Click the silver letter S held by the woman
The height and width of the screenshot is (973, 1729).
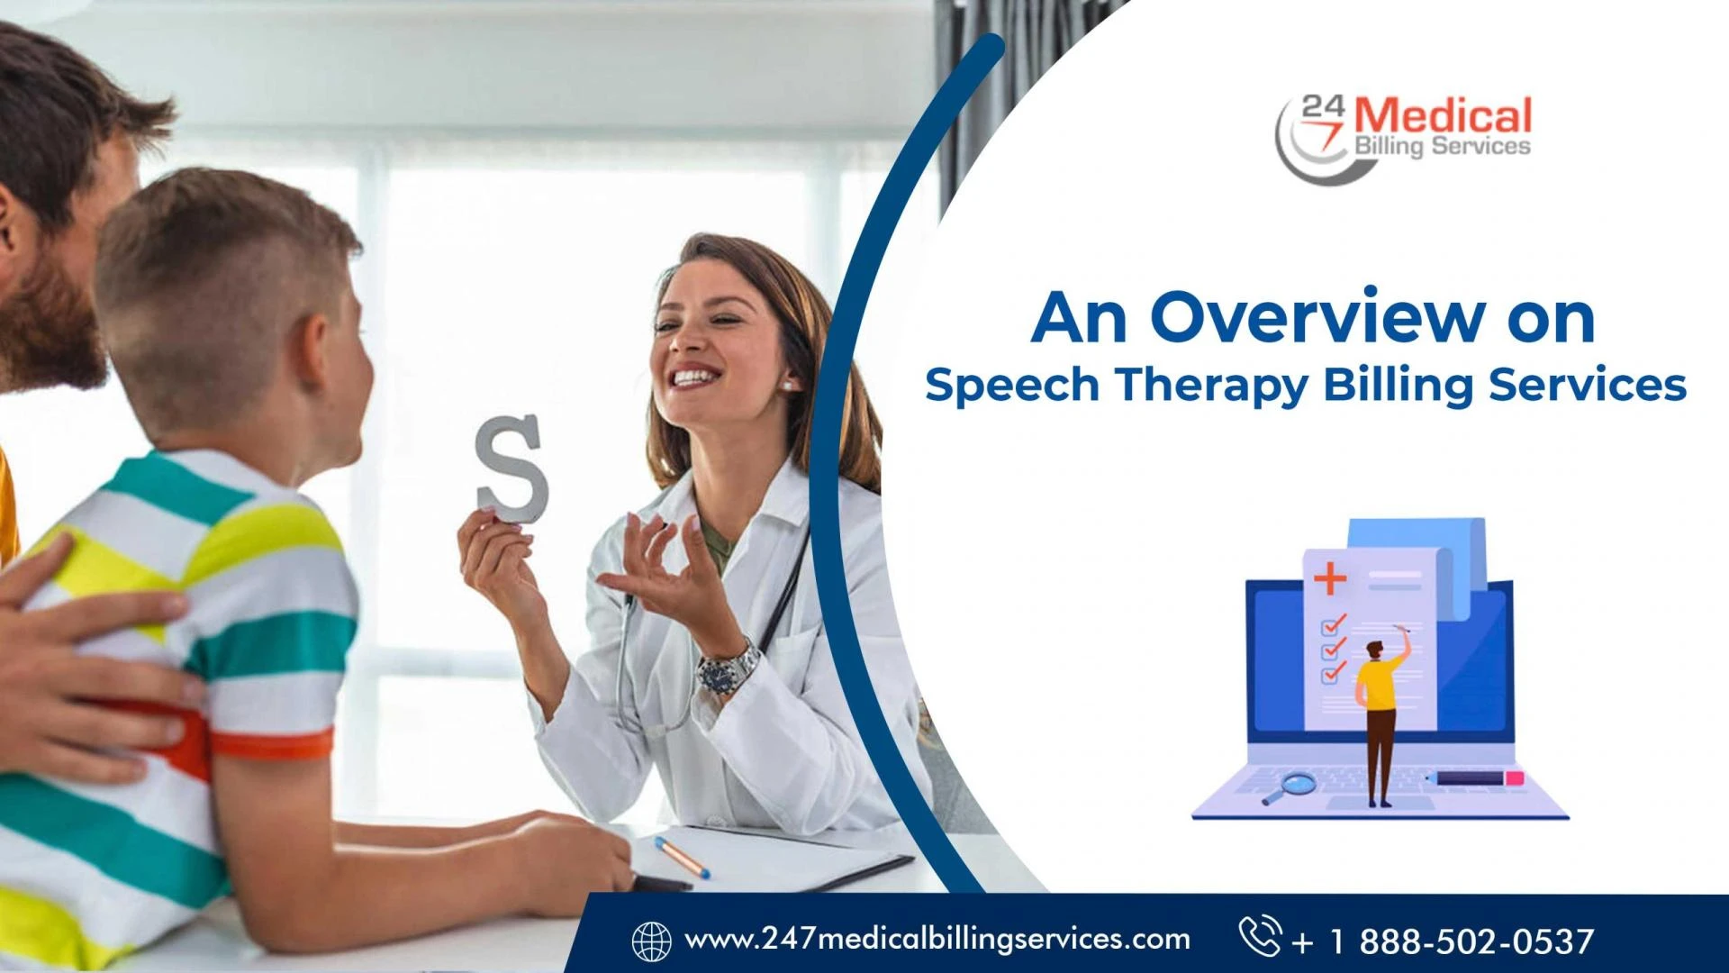click(x=512, y=468)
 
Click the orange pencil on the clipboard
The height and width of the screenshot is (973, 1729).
click(x=681, y=857)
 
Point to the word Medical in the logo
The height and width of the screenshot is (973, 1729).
click(x=1443, y=117)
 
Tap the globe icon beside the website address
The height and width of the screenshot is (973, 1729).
click(x=651, y=941)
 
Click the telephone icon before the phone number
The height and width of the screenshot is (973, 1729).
click(x=1259, y=936)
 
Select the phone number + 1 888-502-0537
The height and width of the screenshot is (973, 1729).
click(x=1443, y=941)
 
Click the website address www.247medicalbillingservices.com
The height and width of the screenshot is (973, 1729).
click(x=937, y=940)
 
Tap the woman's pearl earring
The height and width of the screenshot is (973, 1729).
click(x=787, y=386)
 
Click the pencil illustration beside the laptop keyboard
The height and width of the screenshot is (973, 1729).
click(x=1476, y=778)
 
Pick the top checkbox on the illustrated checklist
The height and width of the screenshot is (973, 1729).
click(x=1332, y=624)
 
